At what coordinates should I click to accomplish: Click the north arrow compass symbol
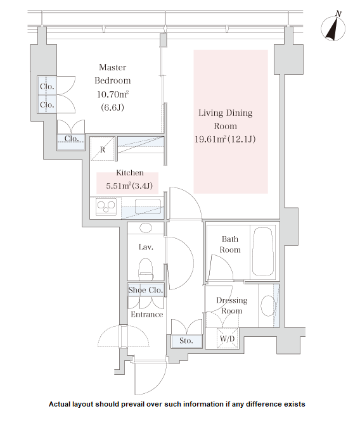(x=333, y=27)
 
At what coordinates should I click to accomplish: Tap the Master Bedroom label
(x=113, y=74)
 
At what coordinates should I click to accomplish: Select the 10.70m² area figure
(x=113, y=94)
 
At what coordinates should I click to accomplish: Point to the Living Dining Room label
(x=226, y=119)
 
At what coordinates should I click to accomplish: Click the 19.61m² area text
(x=210, y=139)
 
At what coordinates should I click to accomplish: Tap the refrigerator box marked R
(x=102, y=149)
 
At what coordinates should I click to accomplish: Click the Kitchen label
(x=130, y=173)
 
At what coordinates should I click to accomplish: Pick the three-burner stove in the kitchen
(x=106, y=207)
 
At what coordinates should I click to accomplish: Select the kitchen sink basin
(x=148, y=206)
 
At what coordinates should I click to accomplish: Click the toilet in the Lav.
(x=146, y=269)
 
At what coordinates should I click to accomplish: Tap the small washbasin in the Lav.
(x=146, y=228)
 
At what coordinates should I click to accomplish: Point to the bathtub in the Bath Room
(x=262, y=251)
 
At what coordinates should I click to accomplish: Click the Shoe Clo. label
(x=146, y=290)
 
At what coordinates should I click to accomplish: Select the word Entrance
(x=147, y=314)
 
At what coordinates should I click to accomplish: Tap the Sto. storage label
(x=186, y=341)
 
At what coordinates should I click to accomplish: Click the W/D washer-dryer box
(x=228, y=338)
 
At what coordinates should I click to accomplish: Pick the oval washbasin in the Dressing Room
(x=268, y=306)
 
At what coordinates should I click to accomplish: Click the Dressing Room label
(x=232, y=306)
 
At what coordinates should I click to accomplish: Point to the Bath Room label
(x=230, y=244)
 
